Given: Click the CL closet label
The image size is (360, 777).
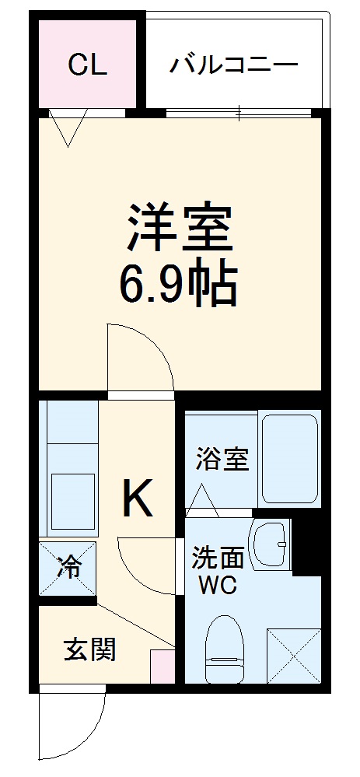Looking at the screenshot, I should point(86,65).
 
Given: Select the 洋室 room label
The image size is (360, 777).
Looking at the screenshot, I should point(179,226).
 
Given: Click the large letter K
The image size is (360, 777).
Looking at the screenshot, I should point(137,499).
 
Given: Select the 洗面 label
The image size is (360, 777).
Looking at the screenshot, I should point(218,557).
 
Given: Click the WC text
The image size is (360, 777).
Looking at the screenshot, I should point(218,585).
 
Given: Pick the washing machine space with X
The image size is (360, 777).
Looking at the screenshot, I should point(294,655).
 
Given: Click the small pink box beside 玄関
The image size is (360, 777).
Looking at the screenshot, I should point(163,668).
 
